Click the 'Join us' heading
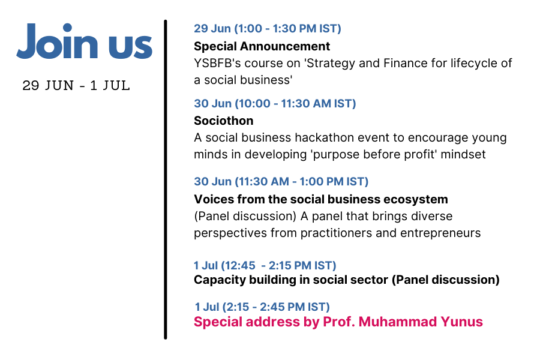tap(85, 41)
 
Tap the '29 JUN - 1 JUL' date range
tap(76, 85)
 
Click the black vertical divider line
tap(166, 179)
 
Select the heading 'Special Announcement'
tap(262, 46)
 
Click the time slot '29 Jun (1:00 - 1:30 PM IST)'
tap(268, 28)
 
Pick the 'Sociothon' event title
tap(224, 121)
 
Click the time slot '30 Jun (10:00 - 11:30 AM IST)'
tap(275, 103)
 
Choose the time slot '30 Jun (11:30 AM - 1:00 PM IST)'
tap(281, 182)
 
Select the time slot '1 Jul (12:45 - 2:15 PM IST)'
tap(265, 266)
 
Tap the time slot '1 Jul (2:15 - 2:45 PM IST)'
tap(262, 307)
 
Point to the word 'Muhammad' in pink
tap(398, 322)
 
